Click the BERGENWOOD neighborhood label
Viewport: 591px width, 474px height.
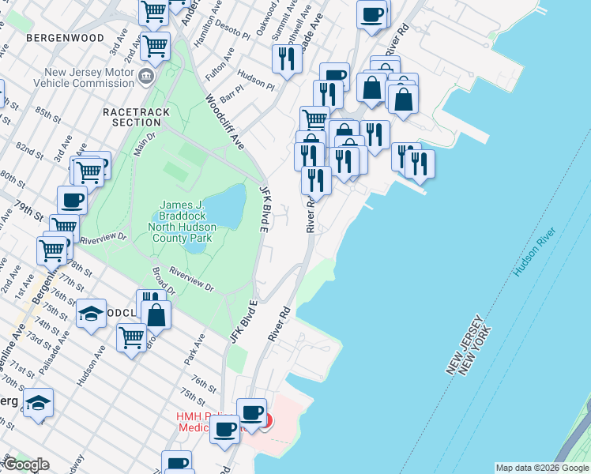point(64,37)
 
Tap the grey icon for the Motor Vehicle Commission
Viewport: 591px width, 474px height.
point(146,77)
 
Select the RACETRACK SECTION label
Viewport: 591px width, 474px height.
point(136,117)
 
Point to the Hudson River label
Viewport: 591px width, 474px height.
point(535,252)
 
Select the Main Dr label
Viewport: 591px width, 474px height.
point(145,144)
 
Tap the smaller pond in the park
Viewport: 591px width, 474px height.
point(195,246)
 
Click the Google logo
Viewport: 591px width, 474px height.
point(26,465)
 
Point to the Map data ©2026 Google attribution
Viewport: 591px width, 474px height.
point(542,468)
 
